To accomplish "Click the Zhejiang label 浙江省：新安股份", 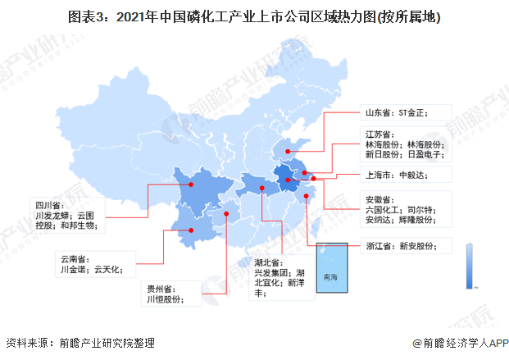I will [x=402, y=245].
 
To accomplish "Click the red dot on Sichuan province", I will [x=191, y=185].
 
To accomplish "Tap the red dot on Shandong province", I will [x=285, y=150].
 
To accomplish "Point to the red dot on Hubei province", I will [x=261, y=188].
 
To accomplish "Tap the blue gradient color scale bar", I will [x=468, y=265].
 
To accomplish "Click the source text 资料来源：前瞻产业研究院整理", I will [x=80, y=344].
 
